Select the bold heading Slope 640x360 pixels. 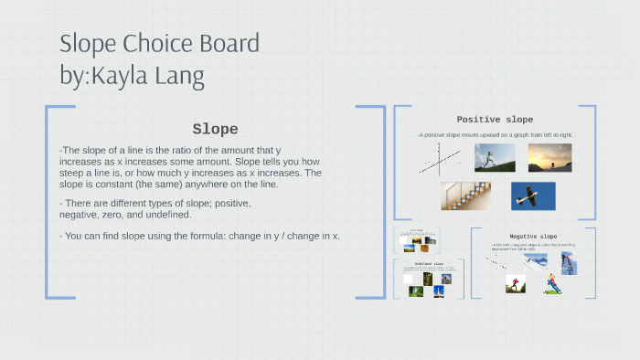pos(215,129)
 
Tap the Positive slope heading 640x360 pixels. pos(495,120)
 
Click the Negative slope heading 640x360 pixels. pos(533,236)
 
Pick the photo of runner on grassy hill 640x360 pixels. pos(494,157)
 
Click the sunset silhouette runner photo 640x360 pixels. pos(549,157)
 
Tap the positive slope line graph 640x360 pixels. pos(440,163)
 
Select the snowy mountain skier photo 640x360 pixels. pos(536,261)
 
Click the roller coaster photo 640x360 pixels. pos(569,263)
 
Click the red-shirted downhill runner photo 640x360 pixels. pos(516,284)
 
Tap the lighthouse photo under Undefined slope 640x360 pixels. pos(439,291)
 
